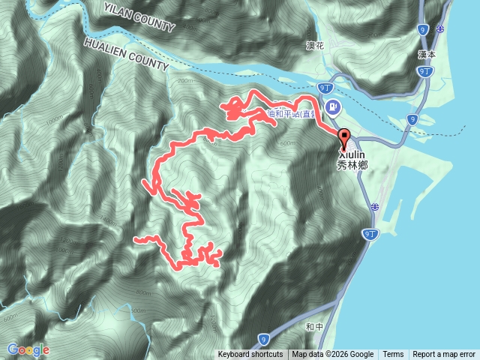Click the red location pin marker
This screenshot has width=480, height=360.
(x=345, y=138)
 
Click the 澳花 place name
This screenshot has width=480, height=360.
(x=295, y=46)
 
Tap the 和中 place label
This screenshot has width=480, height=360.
(x=314, y=327)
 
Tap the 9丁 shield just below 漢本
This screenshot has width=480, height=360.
(x=424, y=70)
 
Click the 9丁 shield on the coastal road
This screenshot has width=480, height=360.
(x=370, y=235)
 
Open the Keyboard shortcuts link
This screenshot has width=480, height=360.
(x=250, y=355)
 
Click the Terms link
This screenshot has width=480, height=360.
(x=393, y=355)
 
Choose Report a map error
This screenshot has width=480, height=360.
(x=444, y=355)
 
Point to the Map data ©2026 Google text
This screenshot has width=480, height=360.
(x=333, y=355)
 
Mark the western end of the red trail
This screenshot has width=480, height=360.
(x=136, y=239)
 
